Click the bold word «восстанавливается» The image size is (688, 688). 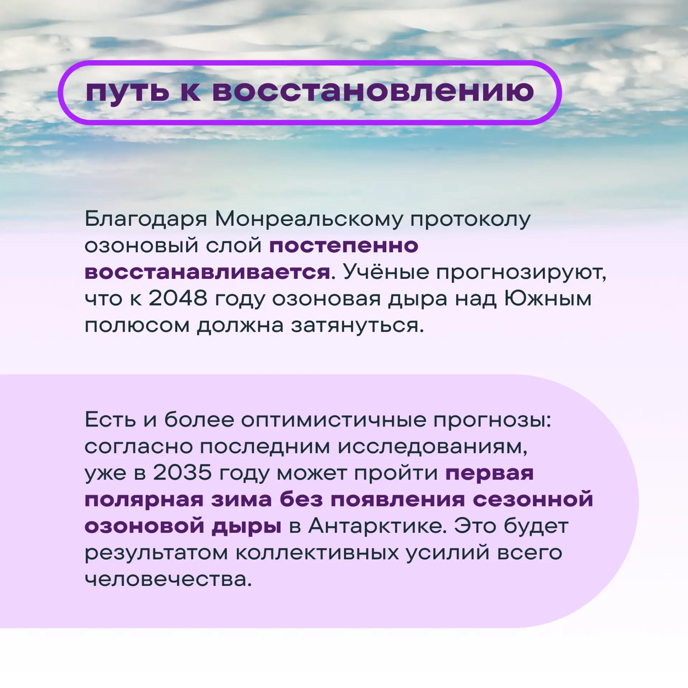coord(207,272)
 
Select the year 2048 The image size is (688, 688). coord(178,298)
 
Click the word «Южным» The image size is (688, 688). coord(548,298)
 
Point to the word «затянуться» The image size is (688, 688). coord(354,325)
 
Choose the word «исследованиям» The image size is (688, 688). coord(433,446)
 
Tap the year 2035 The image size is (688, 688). coord(182,473)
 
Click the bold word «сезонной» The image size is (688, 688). coord(533,500)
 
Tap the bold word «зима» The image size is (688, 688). coord(242,500)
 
